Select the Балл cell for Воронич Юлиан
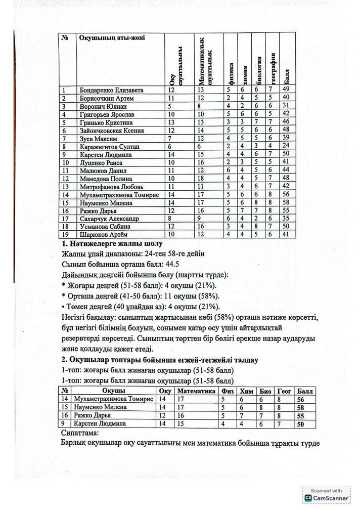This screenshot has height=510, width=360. [286, 107]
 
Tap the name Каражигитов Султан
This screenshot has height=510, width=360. [107, 147]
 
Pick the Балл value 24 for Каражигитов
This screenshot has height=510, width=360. [286, 147]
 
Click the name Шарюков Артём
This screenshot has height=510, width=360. [103, 235]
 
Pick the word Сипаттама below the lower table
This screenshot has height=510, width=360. [79, 433]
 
